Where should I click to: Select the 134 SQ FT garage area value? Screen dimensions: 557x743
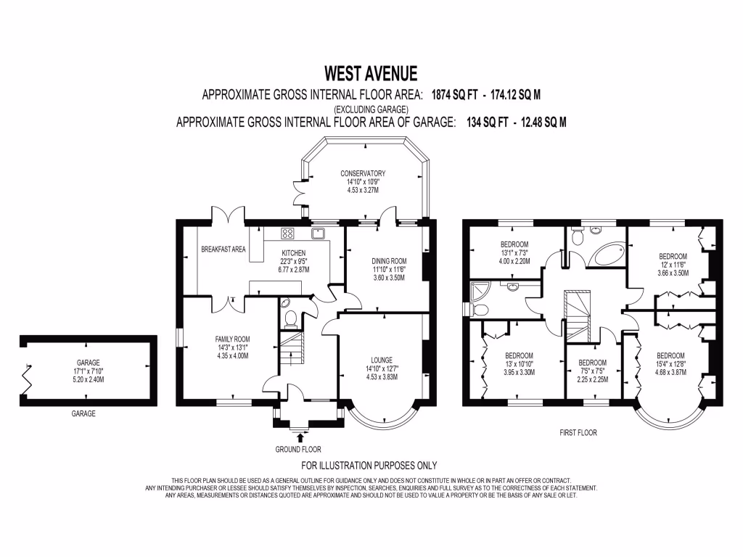coord(480,123)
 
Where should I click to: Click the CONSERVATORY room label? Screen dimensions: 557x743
coord(362,173)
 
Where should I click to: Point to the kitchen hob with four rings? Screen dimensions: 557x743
coord(287,234)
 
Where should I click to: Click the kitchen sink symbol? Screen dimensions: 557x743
coord(318,234)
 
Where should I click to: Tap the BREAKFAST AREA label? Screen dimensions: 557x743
coord(223,249)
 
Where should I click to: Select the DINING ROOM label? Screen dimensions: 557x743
coord(390,261)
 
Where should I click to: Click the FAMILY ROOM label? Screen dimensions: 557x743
coord(232,339)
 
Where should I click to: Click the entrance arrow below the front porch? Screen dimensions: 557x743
coord(302,437)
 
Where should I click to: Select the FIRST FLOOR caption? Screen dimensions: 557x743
coord(578,433)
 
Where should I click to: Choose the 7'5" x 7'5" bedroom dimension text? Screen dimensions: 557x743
coord(592,371)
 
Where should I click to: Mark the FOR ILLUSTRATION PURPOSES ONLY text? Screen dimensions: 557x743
coord(369,466)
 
